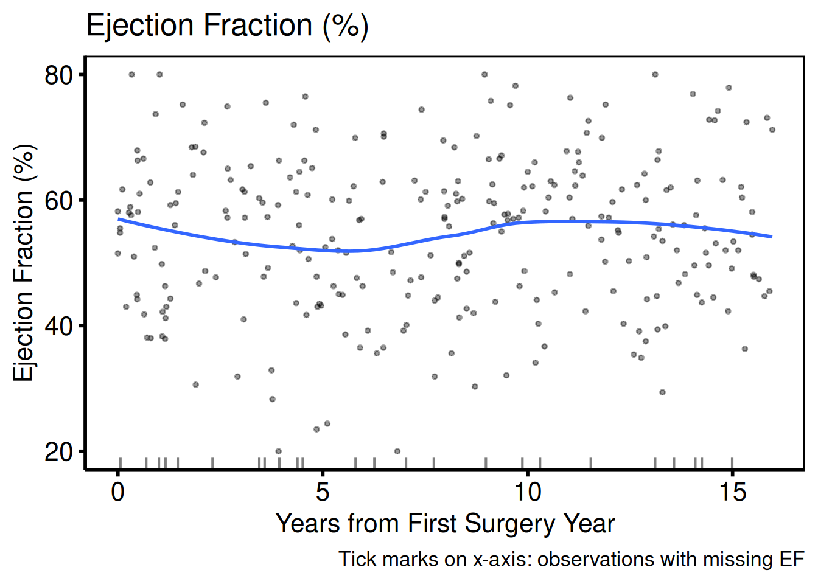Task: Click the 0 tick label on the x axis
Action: coord(117,492)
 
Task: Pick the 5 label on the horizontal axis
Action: coord(323,492)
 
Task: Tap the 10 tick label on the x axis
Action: coord(527,492)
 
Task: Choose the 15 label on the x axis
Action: coord(732,492)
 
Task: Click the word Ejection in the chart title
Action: coord(139,26)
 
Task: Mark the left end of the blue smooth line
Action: coord(118,219)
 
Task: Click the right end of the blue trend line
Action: coord(772,237)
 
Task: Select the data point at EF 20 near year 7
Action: coord(397,451)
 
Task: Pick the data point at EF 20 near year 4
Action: coord(279,451)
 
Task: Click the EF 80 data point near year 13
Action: coord(655,74)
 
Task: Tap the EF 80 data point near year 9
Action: coord(484,74)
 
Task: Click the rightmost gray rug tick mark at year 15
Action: coord(732,463)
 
